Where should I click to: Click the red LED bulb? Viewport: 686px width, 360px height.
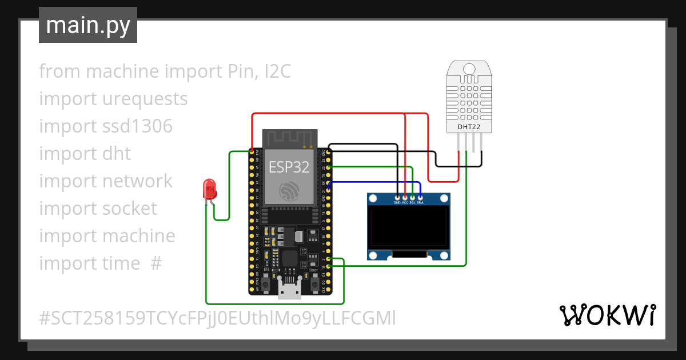[x=209, y=188]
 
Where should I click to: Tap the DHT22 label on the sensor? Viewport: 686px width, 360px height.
[x=469, y=126]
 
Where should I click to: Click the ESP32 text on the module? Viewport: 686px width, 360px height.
[x=289, y=167]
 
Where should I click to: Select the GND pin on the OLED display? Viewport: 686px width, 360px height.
[x=397, y=198]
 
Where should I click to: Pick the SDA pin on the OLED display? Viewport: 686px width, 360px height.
[x=420, y=198]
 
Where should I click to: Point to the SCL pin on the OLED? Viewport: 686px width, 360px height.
[x=412, y=198]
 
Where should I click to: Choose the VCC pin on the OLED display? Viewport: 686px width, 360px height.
[x=405, y=198]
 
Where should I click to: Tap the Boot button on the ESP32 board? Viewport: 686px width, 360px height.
[x=314, y=282]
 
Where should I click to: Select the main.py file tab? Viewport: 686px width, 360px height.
[x=88, y=25]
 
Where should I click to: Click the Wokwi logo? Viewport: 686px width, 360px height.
[x=607, y=315]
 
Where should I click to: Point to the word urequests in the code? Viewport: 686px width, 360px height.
[x=145, y=99]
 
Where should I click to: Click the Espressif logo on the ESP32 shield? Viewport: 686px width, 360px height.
[x=289, y=191]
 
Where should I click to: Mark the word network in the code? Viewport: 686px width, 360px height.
[x=137, y=181]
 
